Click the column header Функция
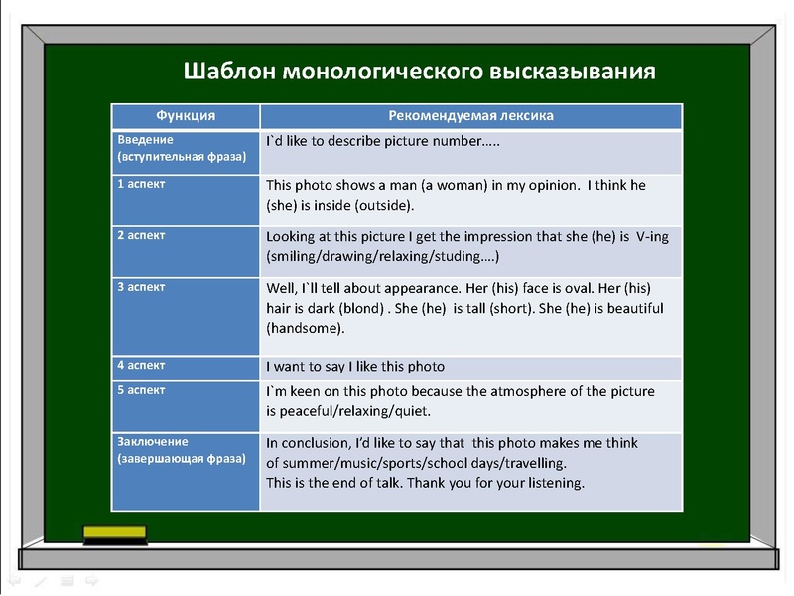(186, 116)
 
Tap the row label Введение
(146, 139)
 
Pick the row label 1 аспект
(142, 185)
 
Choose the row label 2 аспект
(142, 235)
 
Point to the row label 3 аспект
(142, 287)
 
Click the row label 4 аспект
(142, 365)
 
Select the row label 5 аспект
(142, 390)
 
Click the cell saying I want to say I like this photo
(355, 367)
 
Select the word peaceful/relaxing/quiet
(349, 410)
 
